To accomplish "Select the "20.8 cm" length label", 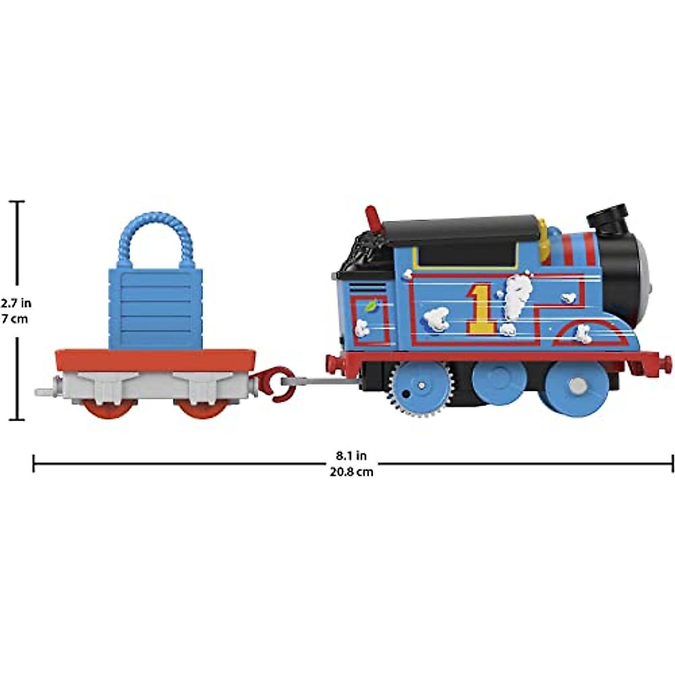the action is tap(352, 472).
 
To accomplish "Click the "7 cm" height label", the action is tap(14, 319).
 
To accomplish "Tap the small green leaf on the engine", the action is tap(370, 306).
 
